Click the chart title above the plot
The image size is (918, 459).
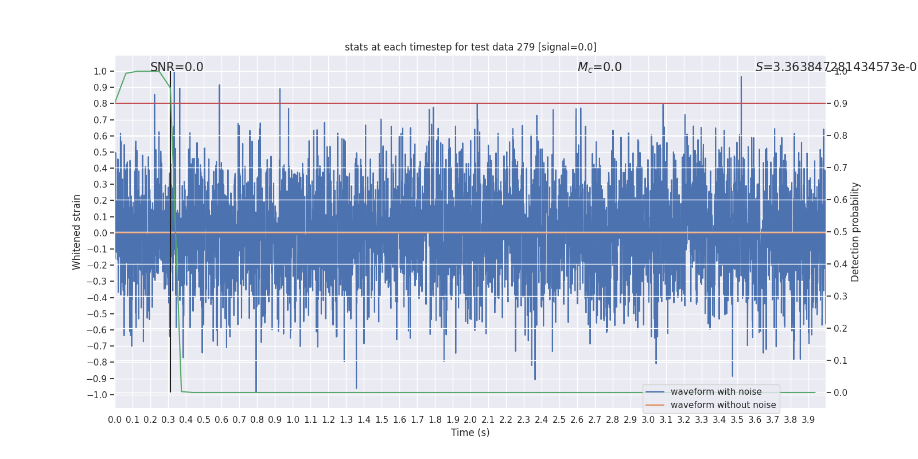[470, 47]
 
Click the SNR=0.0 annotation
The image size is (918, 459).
[177, 67]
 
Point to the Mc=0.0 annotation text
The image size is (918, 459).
[600, 67]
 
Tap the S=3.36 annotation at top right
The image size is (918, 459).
[835, 67]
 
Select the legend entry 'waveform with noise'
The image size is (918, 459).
[716, 392]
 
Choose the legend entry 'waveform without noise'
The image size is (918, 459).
[723, 405]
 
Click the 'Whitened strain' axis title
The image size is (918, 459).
[77, 232]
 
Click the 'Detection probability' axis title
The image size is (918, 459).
[855, 232]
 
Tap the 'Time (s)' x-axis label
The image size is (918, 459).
[470, 433]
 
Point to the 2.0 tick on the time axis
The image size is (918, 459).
[470, 420]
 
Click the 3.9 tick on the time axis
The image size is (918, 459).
[808, 420]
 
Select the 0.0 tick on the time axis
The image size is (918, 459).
[115, 420]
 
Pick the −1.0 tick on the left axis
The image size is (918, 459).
[97, 395]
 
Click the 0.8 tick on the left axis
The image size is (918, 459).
[100, 104]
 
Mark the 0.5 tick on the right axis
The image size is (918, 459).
[841, 232]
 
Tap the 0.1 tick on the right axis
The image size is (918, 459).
[841, 361]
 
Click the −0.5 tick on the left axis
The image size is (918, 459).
[97, 314]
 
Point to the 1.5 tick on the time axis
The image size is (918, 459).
[382, 420]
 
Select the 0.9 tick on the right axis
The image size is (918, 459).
[841, 104]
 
